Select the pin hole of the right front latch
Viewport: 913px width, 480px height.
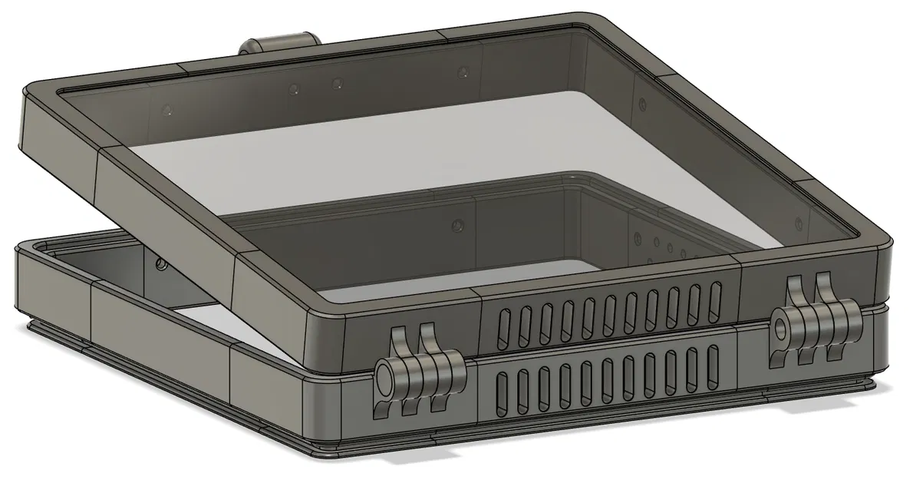pyautogui.click(x=781, y=329)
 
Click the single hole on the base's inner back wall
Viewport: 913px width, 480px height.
pyautogui.click(x=459, y=225)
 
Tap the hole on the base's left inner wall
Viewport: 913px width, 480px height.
pyautogui.click(x=161, y=264)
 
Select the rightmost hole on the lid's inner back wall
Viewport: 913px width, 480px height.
pyautogui.click(x=463, y=73)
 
